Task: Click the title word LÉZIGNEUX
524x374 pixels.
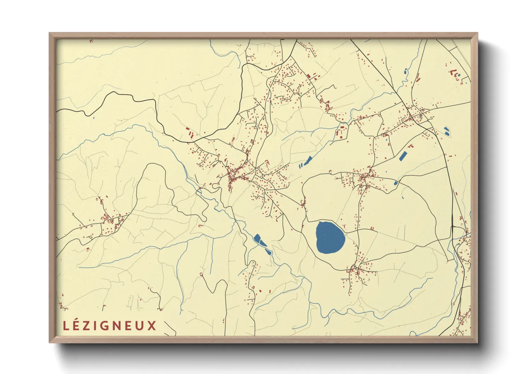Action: [x=110, y=326]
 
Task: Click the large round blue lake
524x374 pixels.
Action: [x=330, y=238]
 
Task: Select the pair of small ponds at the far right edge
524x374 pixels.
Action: [x=446, y=132]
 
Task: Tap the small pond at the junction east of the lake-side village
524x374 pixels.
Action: [x=396, y=183]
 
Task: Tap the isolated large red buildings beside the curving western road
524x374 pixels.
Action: [x=190, y=133]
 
